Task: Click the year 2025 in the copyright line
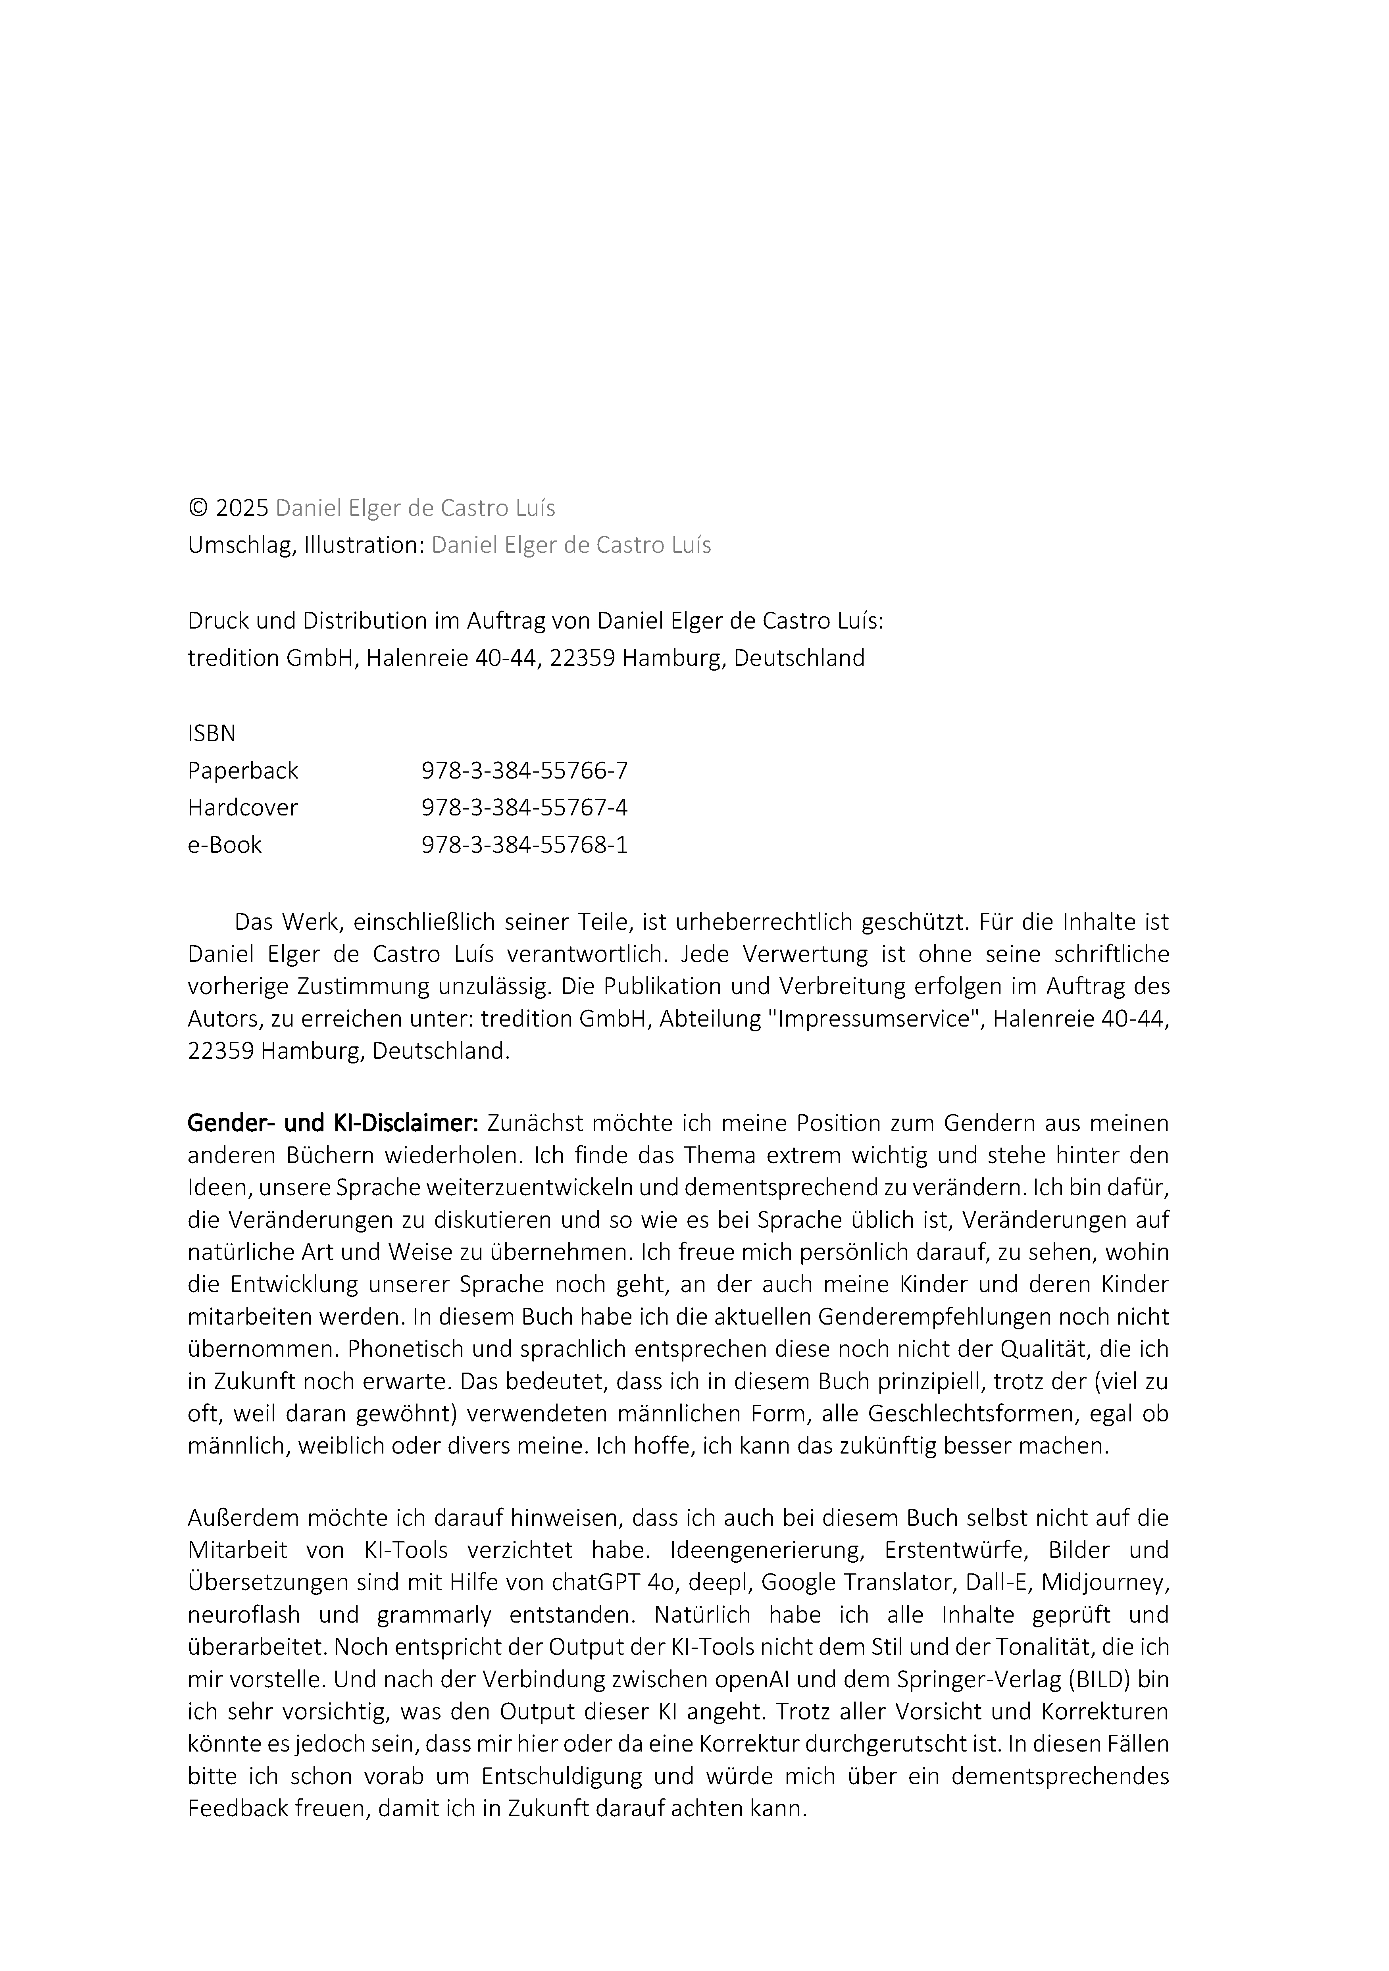(x=242, y=508)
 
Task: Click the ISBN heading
(x=211, y=733)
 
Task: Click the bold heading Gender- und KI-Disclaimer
(x=333, y=1123)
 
